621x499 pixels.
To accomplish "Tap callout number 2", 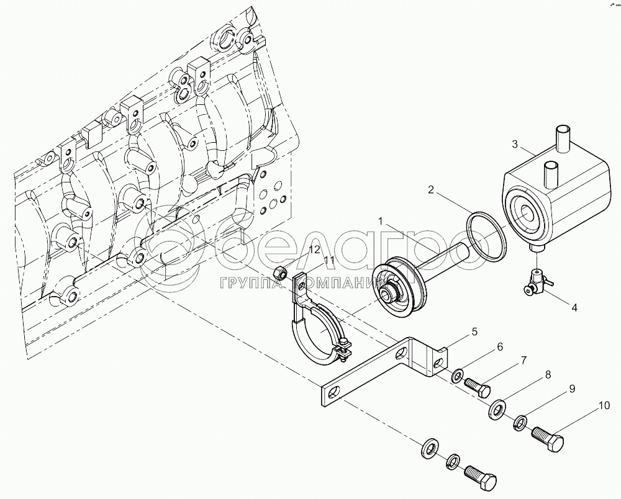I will tap(430, 191).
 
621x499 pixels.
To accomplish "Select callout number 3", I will tap(514, 145).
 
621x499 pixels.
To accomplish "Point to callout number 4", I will tap(574, 307).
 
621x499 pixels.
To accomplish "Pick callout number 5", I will tap(474, 332).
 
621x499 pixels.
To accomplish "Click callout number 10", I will tap(604, 407).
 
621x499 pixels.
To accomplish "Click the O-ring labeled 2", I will tap(487, 236).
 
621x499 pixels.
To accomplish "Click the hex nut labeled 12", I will tap(279, 271).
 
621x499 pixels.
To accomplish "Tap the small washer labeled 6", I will tap(457, 375).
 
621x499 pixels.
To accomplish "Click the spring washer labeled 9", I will tap(520, 423).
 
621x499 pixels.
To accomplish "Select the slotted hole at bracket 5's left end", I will tap(334, 392).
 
